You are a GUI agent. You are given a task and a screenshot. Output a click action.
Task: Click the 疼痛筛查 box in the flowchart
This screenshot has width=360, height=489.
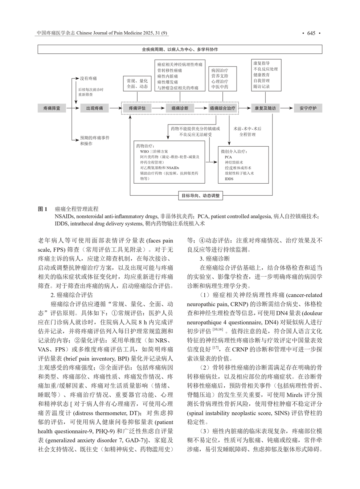(52, 108)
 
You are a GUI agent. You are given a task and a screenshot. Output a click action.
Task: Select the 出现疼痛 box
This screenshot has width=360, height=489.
(94, 108)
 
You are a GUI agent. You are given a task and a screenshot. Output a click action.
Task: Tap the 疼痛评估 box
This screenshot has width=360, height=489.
(137, 108)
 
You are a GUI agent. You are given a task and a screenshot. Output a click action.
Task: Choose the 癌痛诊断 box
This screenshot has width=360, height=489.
(180, 108)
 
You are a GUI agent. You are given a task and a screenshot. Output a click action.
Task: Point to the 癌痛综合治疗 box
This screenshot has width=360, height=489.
(222, 108)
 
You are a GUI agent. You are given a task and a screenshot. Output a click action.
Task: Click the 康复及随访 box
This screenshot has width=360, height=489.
(265, 108)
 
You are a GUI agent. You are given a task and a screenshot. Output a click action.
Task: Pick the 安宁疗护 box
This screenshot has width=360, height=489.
(308, 108)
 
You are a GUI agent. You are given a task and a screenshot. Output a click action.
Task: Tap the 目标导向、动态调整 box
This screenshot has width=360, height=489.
(201, 196)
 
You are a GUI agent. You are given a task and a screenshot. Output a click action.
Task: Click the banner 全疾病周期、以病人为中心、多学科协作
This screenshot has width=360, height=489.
(180, 49)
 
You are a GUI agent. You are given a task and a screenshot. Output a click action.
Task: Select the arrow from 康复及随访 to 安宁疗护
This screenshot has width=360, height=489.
(286, 108)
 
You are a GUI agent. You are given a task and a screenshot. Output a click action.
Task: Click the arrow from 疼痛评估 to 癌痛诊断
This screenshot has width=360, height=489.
(158, 108)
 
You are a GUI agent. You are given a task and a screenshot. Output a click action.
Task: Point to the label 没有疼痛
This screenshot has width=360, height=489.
(89, 78)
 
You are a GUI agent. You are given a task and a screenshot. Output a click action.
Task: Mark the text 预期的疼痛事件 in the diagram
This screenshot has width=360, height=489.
(95, 138)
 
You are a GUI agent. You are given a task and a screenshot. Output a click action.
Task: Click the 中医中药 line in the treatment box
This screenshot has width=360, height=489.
(220, 87)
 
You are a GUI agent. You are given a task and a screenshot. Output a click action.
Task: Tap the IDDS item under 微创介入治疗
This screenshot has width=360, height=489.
(229, 179)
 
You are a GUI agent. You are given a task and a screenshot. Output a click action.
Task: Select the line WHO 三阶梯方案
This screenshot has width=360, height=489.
(154, 151)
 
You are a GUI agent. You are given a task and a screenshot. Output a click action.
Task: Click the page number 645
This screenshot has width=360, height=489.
(311, 33)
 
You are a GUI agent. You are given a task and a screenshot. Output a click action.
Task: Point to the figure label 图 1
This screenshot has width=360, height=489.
(43, 209)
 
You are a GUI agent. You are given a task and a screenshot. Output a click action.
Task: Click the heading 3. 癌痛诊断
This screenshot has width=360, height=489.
(214, 258)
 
